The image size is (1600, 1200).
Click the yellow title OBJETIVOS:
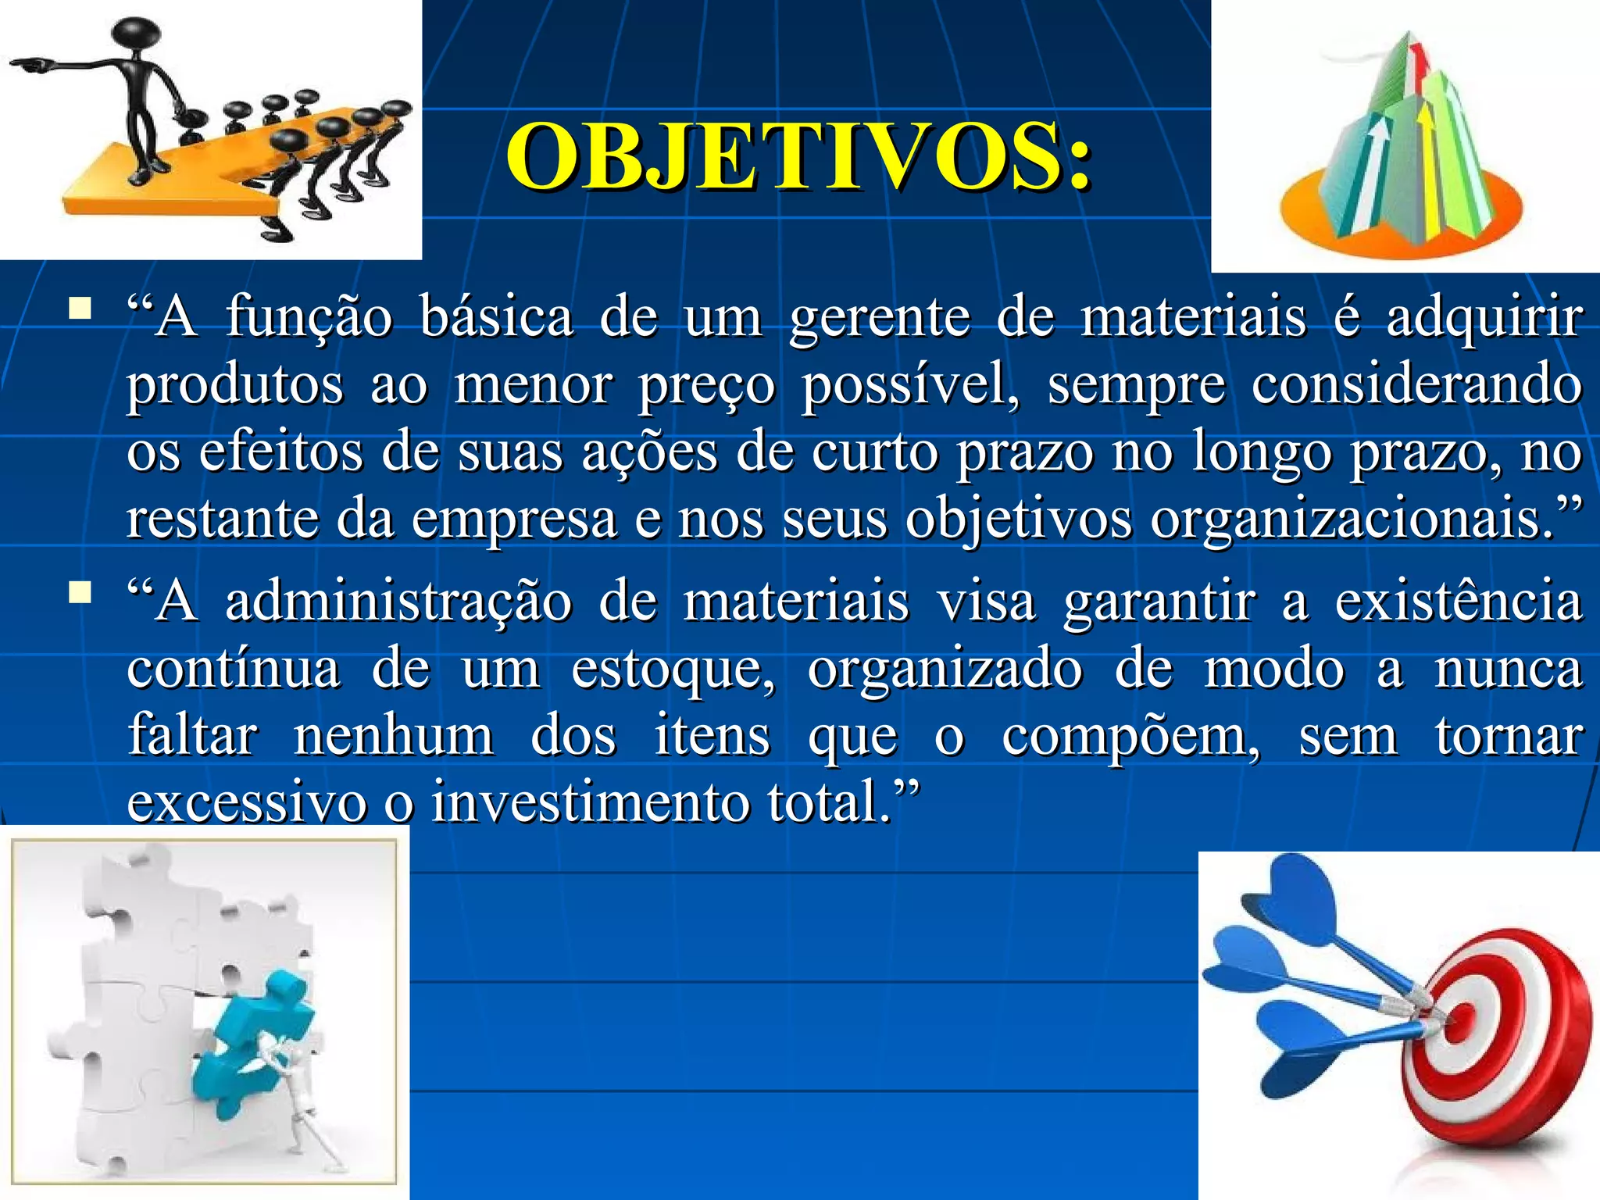click(x=798, y=158)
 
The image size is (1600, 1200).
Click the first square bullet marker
click(x=79, y=309)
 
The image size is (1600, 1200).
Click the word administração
click(x=398, y=602)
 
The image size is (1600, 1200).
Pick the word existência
click(x=1458, y=602)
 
